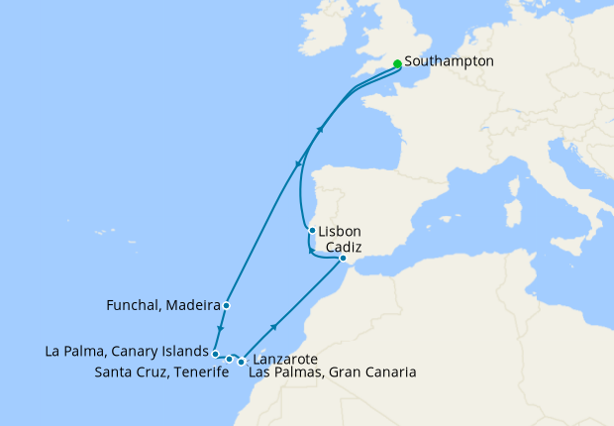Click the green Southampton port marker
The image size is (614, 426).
(x=397, y=63)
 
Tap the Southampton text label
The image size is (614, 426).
(x=449, y=60)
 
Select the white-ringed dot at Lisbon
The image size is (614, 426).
(x=312, y=231)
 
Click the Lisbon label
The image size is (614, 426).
(x=340, y=231)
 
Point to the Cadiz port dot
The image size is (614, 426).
(x=343, y=259)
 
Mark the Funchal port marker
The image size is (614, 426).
(x=227, y=305)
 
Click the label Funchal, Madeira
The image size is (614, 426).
(x=162, y=305)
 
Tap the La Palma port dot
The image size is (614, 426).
(x=215, y=353)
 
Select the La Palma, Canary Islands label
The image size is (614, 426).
(x=128, y=351)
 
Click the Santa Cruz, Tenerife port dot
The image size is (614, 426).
(x=230, y=360)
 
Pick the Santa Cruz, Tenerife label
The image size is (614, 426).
(x=156, y=373)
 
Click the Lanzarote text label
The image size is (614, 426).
(x=285, y=359)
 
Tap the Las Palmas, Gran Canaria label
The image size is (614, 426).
(x=332, y=373)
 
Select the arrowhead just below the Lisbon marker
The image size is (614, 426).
(x=311, y=251)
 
